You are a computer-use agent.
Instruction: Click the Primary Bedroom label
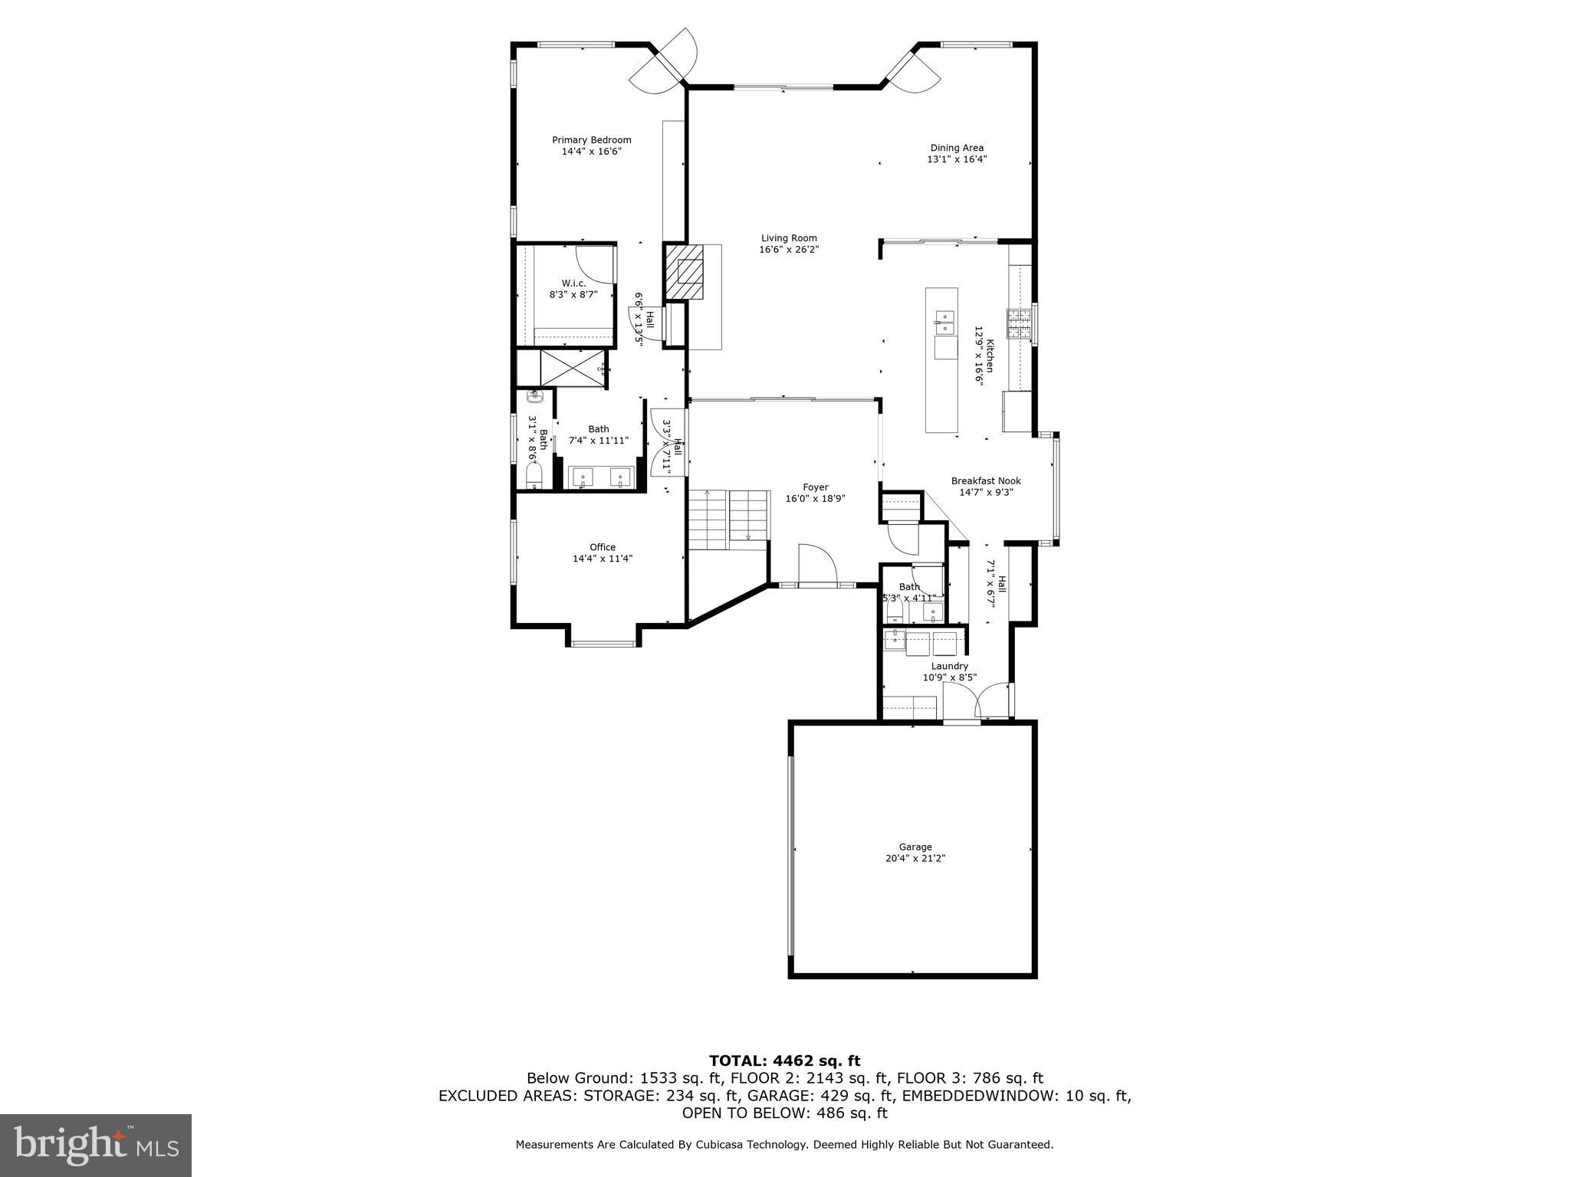click(591, 140)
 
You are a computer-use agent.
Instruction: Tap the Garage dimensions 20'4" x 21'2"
click(915, 858)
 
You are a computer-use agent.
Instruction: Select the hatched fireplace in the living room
click(685, 272)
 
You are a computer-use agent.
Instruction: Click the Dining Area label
click(957, 148)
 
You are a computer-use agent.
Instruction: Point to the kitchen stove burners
click(1020, 324)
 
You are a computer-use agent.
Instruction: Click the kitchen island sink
click(944, 323)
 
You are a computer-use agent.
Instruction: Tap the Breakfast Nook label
click(986, 481)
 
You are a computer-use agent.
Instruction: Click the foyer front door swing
click(816, 566)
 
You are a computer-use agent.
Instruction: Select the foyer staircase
click(728, 518)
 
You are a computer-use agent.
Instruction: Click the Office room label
click(603, 547)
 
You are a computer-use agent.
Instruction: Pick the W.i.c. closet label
click(573, 284)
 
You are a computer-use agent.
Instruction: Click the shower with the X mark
click(573, 368)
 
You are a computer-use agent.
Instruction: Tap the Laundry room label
click(949, 666)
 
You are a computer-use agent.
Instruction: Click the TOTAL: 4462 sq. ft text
click(784, 1061)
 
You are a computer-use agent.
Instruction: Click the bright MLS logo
click(96, 1146)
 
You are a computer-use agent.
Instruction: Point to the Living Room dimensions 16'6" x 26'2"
click(789, 249)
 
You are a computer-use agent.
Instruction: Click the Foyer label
click(815, 487)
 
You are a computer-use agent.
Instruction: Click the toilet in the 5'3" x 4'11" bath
click(894, 611)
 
